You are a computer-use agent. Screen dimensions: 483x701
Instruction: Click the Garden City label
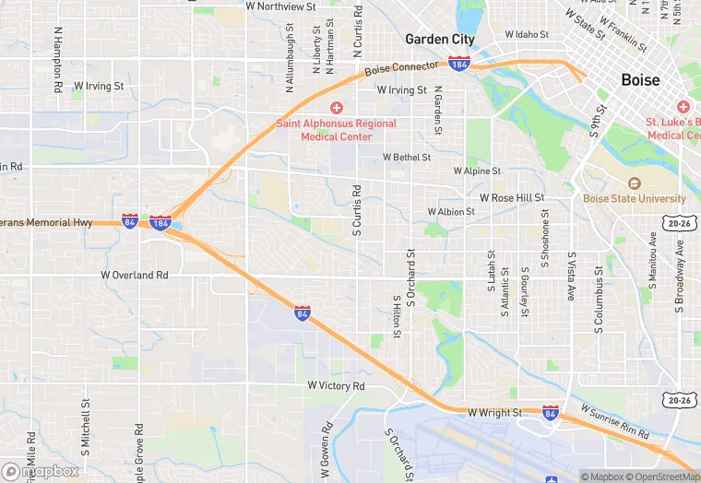[440, 40]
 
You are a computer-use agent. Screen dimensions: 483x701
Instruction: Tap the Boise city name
[640, 80]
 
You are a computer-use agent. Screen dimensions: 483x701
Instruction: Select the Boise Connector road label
[401, 69]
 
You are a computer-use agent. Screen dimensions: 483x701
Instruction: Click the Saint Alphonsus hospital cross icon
[338, 108]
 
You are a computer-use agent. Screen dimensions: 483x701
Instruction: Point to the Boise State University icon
[634, 183]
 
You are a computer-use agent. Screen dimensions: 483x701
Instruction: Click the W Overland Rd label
[135, 275]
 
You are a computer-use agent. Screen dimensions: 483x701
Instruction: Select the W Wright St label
[494, 413]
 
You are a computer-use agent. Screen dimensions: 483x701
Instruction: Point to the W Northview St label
[280, 6]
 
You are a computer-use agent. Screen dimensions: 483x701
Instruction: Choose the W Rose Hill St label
[512, 198]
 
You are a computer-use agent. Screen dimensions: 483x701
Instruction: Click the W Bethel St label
[399, 158]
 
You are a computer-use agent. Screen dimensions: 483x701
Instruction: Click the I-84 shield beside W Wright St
[551, 412]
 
